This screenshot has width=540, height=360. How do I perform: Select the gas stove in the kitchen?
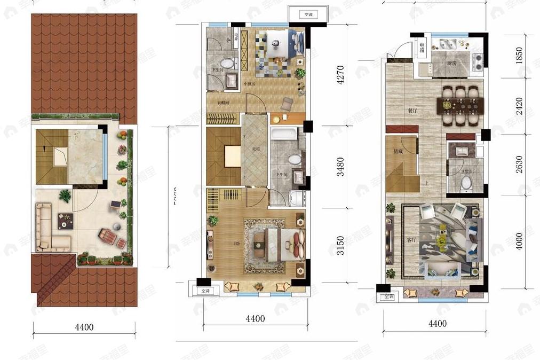pos(477,61)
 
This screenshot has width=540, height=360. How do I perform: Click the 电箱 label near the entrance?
pos(422,48)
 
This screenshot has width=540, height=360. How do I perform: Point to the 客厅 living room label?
pos(411,240)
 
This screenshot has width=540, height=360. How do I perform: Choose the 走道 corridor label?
pos(256,148)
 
